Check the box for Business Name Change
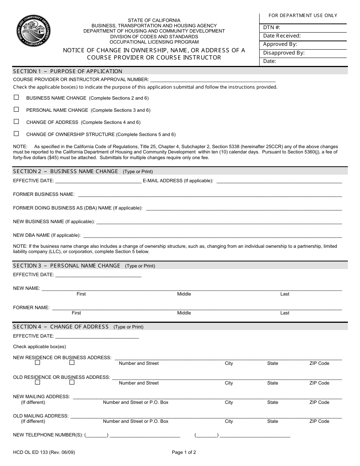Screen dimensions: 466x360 tap(16, 97)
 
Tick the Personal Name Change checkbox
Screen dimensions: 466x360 tap(16, 109)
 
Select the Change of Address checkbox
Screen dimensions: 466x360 tap(16, 122)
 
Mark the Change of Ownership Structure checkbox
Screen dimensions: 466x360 tap(16, 134)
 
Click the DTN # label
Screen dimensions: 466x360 tap(272, 28)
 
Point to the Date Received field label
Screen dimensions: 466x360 tap(282, 36)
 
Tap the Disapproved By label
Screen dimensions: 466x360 tap(284, 53)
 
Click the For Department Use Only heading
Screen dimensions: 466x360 tap(303, 16)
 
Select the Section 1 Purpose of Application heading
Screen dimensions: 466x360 tap(67, 71)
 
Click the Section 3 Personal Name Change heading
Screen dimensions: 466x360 tap(67, 266)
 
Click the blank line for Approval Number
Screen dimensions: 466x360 tap(213, 80)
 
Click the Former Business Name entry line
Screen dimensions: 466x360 tap(210, 194)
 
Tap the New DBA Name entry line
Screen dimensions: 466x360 tap(212, 235)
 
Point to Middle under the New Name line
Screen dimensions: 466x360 tap(184, 294)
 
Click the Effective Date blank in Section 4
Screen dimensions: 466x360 tap(97, 336)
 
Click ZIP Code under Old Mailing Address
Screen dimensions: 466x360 tap(319, 421)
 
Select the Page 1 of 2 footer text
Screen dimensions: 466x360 tap(184, 452)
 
